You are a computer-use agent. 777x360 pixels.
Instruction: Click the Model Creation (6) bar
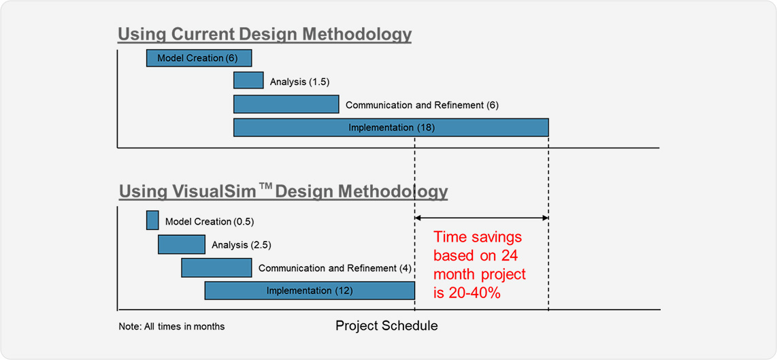coord(199,58)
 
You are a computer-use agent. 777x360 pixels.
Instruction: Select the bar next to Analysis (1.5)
coord(248,80)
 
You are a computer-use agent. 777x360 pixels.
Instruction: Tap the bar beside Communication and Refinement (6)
coord(286,104)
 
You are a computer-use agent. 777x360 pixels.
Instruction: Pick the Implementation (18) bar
coord(391,127)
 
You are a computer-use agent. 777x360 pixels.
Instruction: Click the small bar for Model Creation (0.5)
coord(152,220)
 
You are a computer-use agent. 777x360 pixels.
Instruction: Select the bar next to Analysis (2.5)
coord(182,244)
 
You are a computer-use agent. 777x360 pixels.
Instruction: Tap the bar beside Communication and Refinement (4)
coord(216,267)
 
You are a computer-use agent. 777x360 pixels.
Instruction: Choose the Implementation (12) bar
coord(309,291)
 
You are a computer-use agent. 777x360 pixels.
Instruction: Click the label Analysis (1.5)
coord(300,81)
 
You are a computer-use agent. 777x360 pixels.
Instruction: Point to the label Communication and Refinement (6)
coord(422,105)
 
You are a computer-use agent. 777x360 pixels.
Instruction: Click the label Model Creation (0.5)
coord(210,221)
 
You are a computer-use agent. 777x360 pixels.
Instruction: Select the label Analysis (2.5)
coord(242,244)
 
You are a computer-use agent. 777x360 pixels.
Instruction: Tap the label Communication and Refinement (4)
coord(335,268)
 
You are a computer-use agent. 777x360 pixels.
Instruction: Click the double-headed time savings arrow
coord(482,218)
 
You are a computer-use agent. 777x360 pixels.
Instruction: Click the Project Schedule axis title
coord(386,326)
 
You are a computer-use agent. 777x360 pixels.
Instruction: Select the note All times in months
coord(172,327)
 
